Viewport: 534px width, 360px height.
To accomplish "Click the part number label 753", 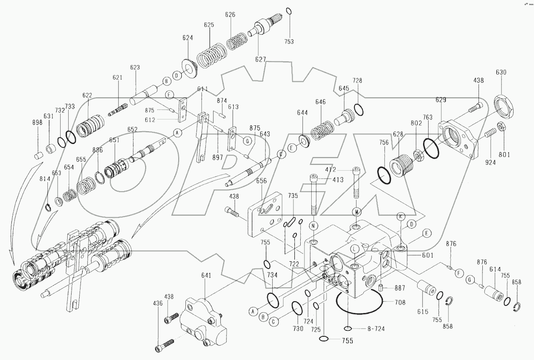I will click(x=289, y=42).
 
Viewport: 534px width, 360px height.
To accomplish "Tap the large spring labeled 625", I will click(x=210, y=53).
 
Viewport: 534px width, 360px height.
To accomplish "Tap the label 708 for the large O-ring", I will click(x=400, y=302).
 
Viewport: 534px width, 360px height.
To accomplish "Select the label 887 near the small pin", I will click(x=400, y=288).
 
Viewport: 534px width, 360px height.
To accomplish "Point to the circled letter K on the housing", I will click(x=400, y=216).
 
